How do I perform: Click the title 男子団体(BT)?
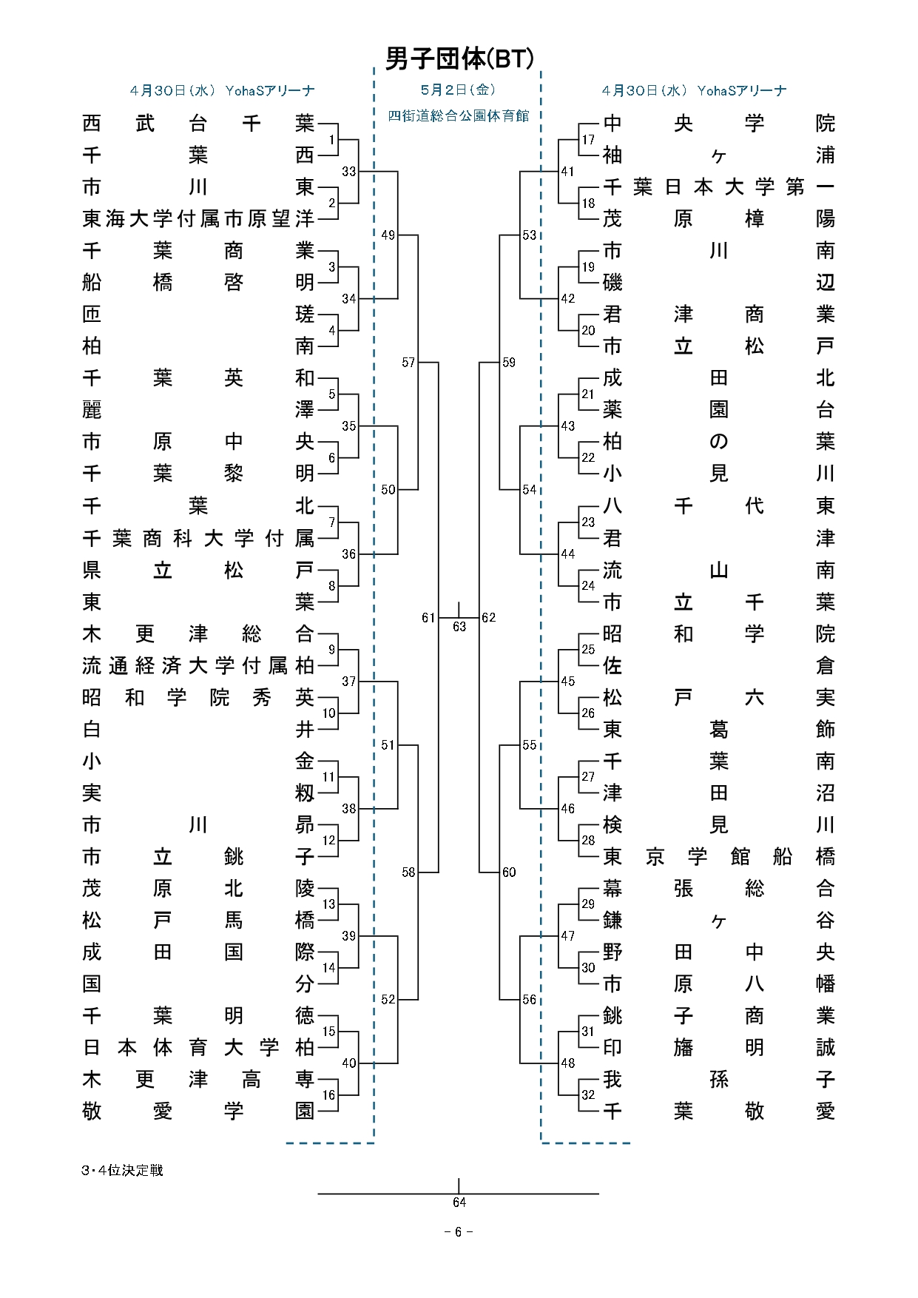click(459, 58)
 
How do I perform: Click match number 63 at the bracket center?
click(459, 627)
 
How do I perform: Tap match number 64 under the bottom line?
click(459, 1203)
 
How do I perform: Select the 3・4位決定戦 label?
click(122, 1170)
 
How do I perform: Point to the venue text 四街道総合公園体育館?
click(459, 115)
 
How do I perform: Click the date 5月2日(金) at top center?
click(458, 90)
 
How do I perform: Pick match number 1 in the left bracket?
click(331, 140)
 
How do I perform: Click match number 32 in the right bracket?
click(588, 1094)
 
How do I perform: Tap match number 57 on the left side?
click(408, 362)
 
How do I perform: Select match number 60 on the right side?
click(509, 872)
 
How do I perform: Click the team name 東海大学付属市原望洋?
click(198, 218)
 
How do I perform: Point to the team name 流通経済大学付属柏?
click(198, 665)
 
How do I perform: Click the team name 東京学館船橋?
click(719, 856)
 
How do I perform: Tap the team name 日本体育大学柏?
click(198, 1047)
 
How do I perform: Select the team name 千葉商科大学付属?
click(198, 538)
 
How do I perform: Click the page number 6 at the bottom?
click(459, 1232)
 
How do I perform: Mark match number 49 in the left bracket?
click(388, 235)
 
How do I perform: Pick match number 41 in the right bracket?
click(567, 171)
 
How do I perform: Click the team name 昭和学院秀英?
click(198, 697)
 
